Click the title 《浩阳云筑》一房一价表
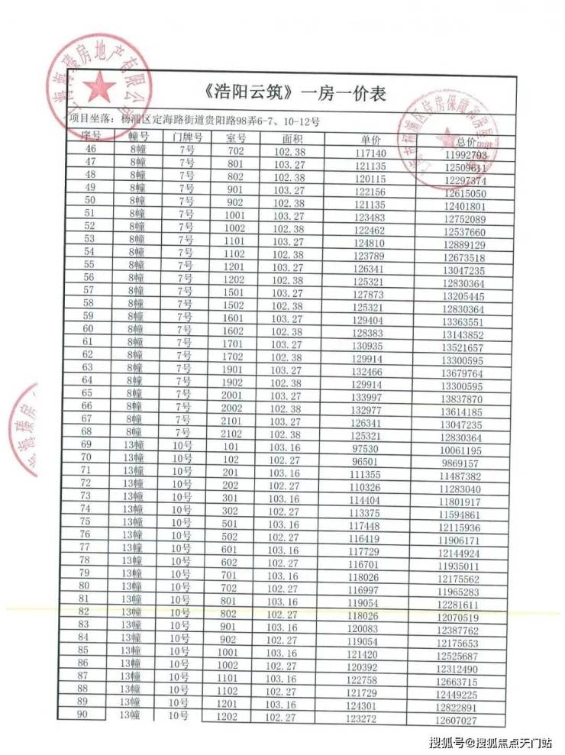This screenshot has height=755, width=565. (x=296, y=93)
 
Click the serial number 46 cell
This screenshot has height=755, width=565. (x=91, y=149)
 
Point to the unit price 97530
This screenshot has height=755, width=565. (x=368, y=449)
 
